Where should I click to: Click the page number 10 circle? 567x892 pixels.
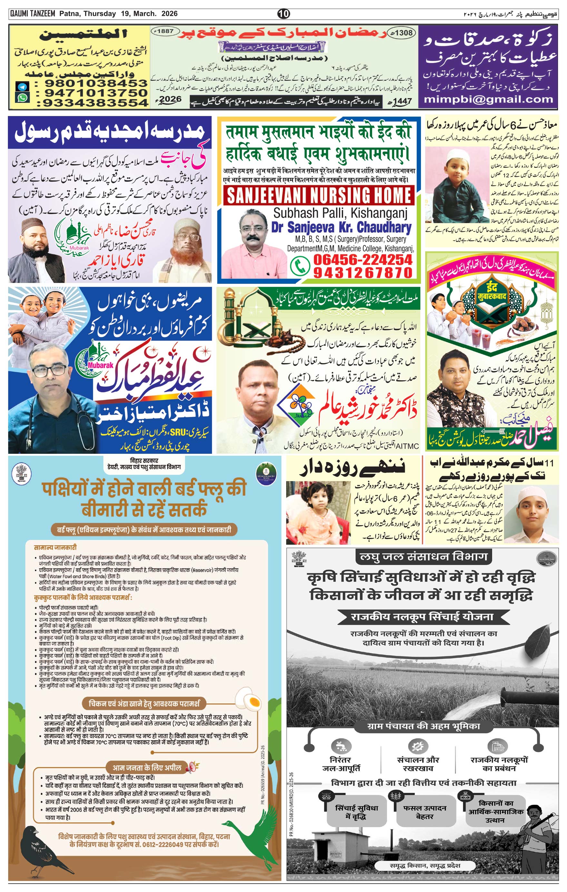pyautogui.click(x=284, y=14)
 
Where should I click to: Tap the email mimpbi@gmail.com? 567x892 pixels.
pyautogui.click(x=488, y=99)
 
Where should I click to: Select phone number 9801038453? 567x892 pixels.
pyautogui.click(x=96, y=83)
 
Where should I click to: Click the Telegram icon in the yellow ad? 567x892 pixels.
pyautogui.click(x=22, y=87)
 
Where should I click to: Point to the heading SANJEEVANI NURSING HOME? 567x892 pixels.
pyautogui.click(x=319, y=195)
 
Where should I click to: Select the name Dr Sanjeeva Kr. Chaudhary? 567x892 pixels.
pyautogui.click(x=341, y=227)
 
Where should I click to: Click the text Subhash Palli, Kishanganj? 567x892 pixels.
pyautogui.click(x=340, y=213)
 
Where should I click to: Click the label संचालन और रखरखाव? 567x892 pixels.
pyautogui.click(x=418, y=764)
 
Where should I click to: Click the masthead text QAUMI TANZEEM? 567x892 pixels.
pyautogui.click(x=33, y=14)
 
